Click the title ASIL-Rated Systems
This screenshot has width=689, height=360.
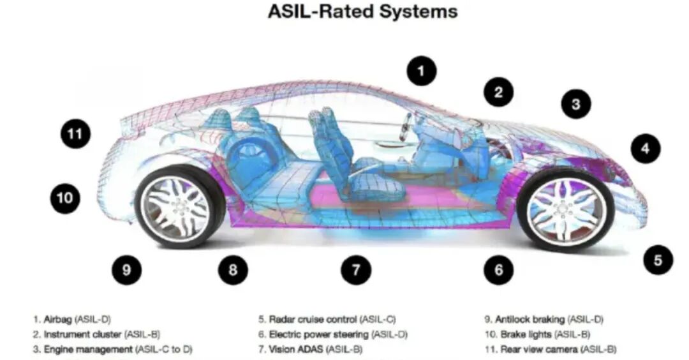click(362, 11)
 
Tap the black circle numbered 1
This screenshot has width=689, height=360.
click(422, 71)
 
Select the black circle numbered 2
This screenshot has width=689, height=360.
click(498, 92)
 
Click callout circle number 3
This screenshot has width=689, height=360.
click(575, 104)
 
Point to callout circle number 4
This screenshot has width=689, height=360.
click(646, 149)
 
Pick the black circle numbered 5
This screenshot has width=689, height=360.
click(658, 260)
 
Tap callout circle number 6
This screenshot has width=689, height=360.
click(498, 269)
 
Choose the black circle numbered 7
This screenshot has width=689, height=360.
click(356, 269)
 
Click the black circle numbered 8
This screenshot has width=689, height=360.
click(233, 269)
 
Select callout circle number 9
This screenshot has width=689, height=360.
click(126, 269)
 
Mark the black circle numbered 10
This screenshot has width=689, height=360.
click(65, 198)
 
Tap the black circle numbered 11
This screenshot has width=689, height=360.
click(75, 133)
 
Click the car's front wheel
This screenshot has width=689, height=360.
click(565, 210)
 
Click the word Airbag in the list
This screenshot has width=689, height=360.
click(57, 320)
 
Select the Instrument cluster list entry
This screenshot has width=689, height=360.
click(96, 334)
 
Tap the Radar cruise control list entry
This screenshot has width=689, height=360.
click(327, 320)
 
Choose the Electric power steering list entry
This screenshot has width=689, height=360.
click(332, 334)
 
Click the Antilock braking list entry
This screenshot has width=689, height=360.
click(544, 320)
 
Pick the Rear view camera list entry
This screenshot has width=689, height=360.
click(550, 349)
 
